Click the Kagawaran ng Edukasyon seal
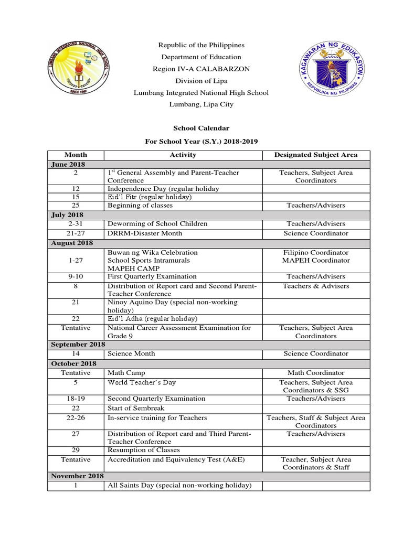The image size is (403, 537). click(330, 68)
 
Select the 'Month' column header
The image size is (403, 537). click(76, 155)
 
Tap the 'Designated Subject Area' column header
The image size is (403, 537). click(316, 155)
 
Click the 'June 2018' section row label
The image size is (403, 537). click(68, 164)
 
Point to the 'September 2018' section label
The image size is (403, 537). click(78, 344)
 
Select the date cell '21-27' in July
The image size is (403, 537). click(76, 233)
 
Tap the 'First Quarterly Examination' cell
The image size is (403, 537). click(152, 276)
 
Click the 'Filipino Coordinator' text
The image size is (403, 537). click(316, 253)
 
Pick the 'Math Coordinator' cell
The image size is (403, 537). click(316, 373)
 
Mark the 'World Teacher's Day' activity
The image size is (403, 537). click(142, 382)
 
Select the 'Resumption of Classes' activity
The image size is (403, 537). click(144, 450)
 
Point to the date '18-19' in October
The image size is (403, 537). click(76, 399)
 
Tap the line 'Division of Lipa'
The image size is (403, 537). click(201, 81)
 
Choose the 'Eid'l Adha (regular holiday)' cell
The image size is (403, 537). click(152, 318)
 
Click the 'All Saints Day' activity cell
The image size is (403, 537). click(179, 486)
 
